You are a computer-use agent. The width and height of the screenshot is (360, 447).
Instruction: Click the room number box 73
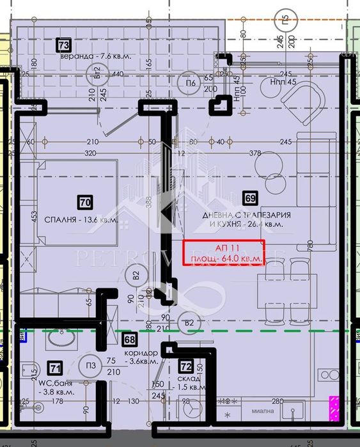pos(63,45)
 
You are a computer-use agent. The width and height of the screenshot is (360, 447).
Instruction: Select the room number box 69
pos(250,198)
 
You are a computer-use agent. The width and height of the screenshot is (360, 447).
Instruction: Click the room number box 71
pos(56,368)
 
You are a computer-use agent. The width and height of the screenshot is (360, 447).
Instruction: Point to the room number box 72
pos(186,367)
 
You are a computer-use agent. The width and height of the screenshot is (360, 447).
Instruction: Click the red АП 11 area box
pos(224,251)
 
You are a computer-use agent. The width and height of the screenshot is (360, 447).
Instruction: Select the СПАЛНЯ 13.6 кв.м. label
pos(81,219)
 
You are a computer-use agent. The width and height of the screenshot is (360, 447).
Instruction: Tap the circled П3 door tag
pos(91,365)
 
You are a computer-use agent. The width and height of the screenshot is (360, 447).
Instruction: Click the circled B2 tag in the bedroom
pos(136,277)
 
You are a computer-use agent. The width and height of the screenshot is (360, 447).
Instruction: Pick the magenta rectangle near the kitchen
pos(333,408)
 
